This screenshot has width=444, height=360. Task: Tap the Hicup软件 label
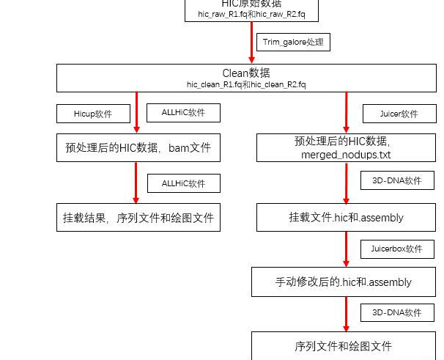pos(93,114)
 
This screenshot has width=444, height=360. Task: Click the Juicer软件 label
pos(399,114)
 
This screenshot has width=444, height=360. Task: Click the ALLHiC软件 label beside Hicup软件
pos(182,113)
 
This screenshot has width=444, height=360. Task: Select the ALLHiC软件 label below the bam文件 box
pos(183,183)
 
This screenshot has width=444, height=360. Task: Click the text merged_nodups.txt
pos(346,155)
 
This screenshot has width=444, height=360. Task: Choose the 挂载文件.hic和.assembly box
pos(346,218)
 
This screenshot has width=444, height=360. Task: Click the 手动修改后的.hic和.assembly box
pos(343,282)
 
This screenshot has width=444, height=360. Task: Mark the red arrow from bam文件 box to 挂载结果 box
pos(136,183)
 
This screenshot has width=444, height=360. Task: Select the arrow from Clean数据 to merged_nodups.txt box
pos(346,113)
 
